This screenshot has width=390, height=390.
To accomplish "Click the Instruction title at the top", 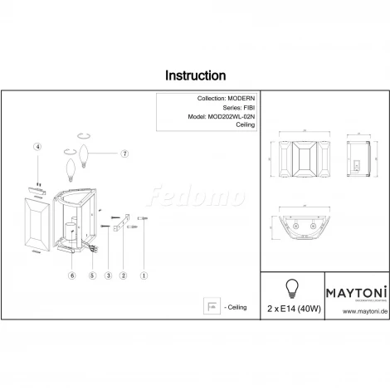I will coord(195,75).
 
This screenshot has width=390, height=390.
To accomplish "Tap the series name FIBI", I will coord(247,108).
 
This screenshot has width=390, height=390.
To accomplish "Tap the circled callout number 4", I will coord(37,147).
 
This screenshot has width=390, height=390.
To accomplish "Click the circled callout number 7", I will coord(124,154).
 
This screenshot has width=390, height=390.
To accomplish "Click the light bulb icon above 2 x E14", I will coord(291,288).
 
